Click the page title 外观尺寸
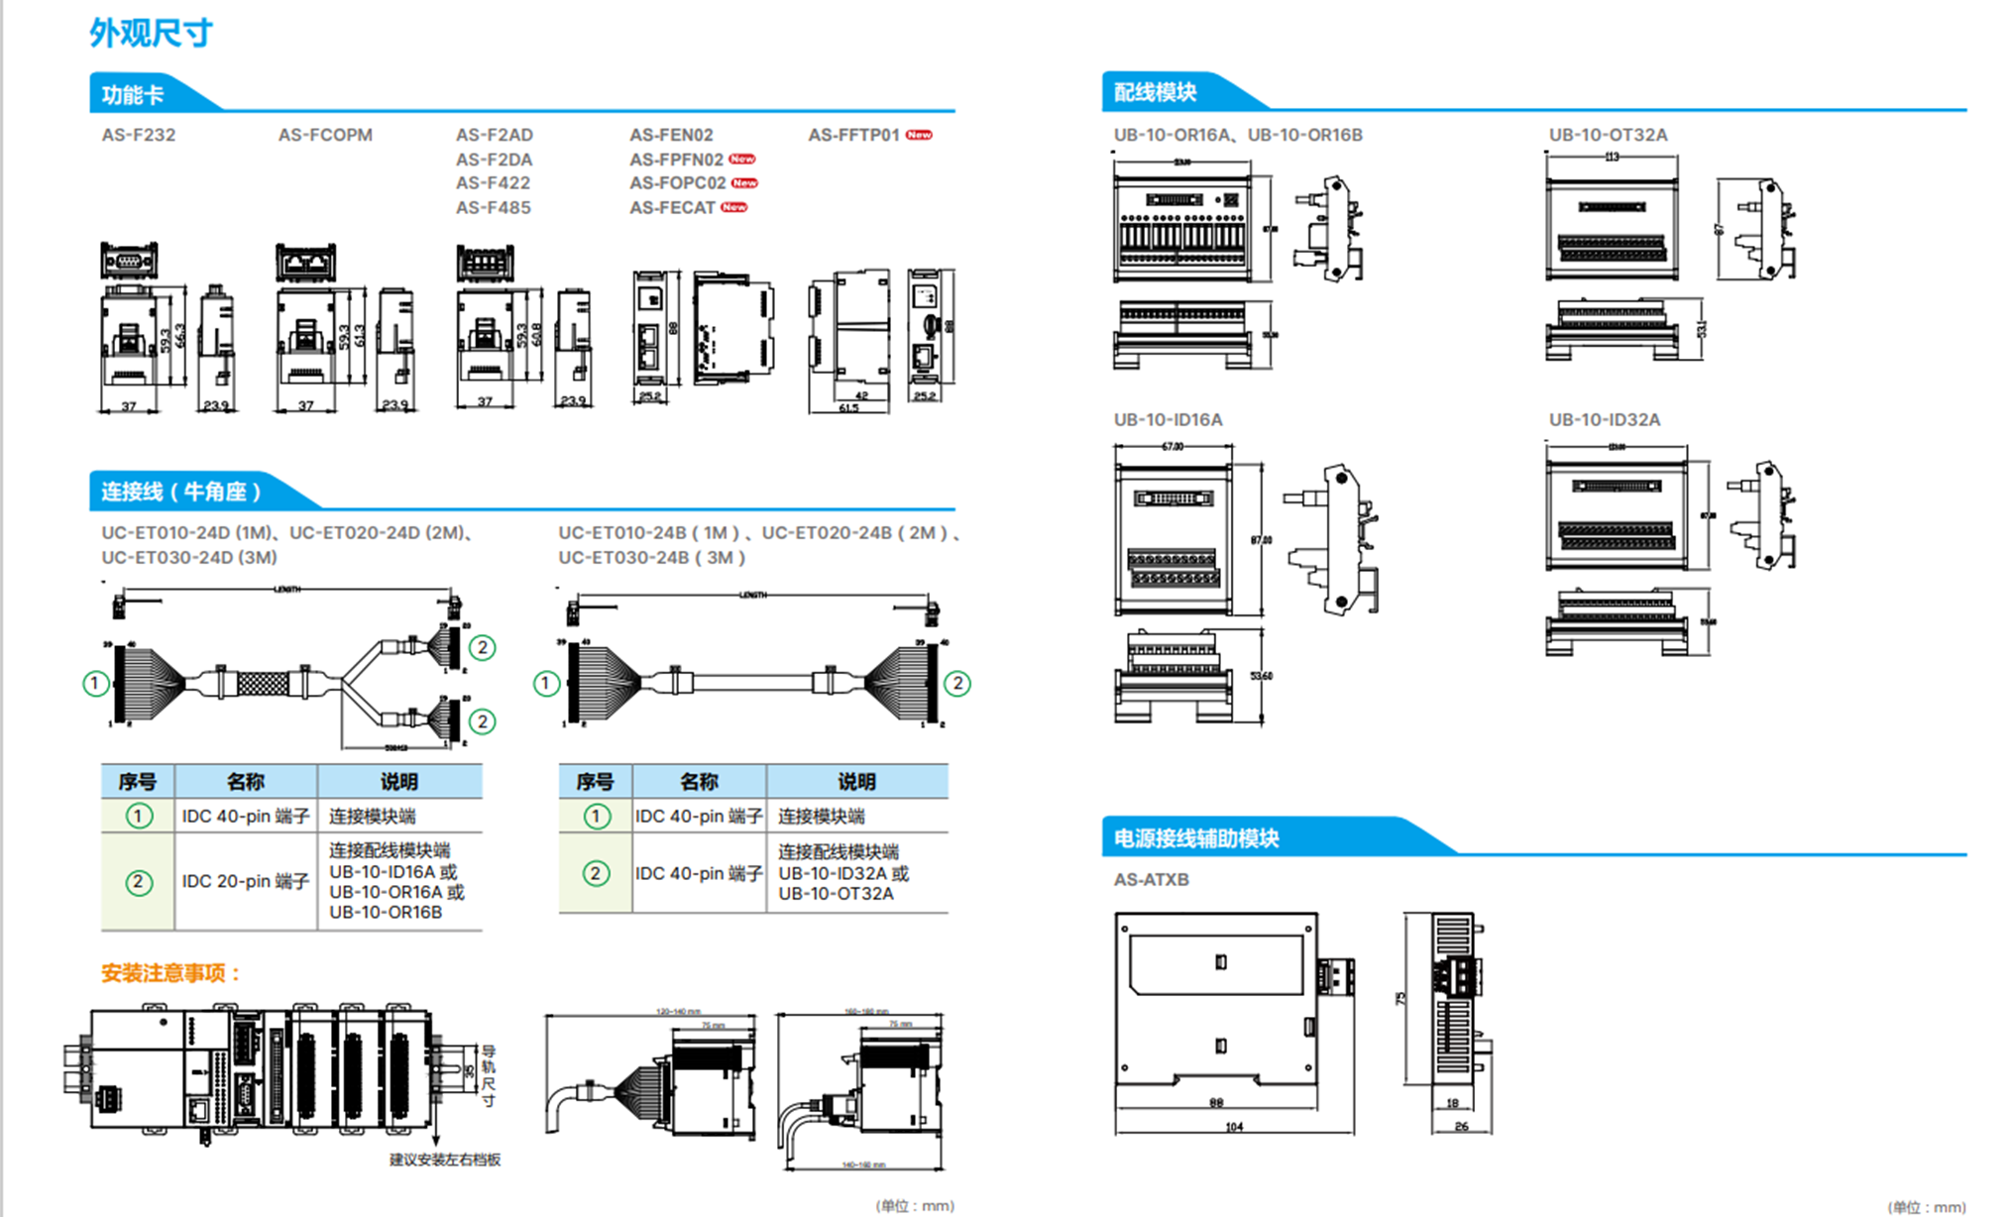click(x=151, y=33)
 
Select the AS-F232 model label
click(x=138, y=135)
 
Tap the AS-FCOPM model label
click(x=325, y=135)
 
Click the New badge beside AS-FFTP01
click(x=919, y=135)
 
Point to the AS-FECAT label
click(x=672, y=208)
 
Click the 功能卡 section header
click(x=133, y=95)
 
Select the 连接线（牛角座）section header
click(x=181, y=492)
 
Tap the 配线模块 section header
click(x=1155, y=93)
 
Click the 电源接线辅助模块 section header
click(x=1196, y=838)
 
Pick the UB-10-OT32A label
click(x=1608, y=135)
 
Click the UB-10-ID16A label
click(x=1168, y=420)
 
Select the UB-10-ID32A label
click(x=1604, y=420)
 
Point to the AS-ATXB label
click(x=1151, y=880)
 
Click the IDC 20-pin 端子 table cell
click(x=245, y=881)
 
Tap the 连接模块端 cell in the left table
click(x=372, y=817)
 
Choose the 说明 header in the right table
click(x=856, y=782)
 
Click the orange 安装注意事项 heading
click(x=171, y=973)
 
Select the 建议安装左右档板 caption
click(x=445, y=1160)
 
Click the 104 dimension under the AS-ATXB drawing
click(x=1234, y=1127)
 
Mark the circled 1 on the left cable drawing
click(x=96, y=683)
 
